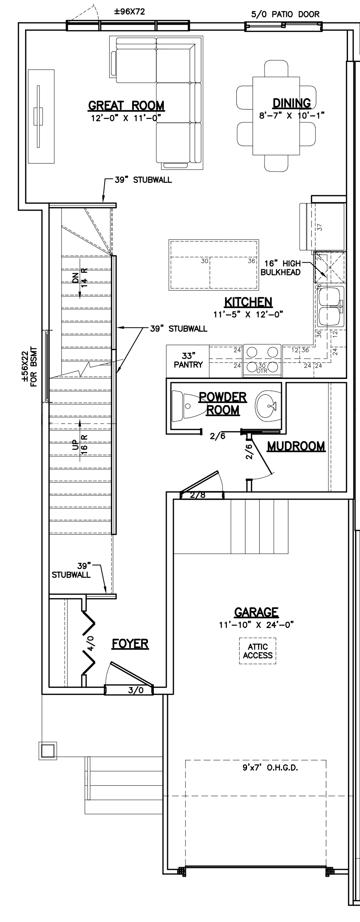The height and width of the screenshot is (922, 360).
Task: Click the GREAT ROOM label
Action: tap(126, 106)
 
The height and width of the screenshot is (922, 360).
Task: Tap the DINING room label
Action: tap(292, 103)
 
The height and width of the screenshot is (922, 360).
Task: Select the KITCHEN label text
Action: tap(248, 302)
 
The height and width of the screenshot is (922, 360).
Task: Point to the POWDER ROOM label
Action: tap(223, 403)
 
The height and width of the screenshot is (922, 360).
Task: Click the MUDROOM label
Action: tap(296, 446)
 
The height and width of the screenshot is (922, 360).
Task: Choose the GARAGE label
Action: tap(256, 612)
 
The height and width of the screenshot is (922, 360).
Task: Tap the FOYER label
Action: tap(130, 643)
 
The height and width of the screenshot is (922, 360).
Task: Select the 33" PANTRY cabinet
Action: tap(187, 361)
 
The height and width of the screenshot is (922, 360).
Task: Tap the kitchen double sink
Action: tap(330, 306)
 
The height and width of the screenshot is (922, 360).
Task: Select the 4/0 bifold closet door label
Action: tap(91, 643)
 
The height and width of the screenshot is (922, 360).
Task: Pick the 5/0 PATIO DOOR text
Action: tap(285, 15)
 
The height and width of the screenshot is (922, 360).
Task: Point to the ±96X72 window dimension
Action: tap(130, 12)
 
